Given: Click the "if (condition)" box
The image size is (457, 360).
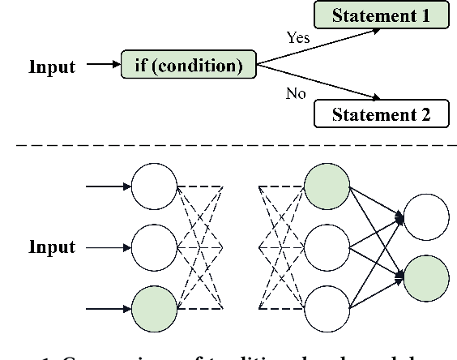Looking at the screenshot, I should tap(188, 66).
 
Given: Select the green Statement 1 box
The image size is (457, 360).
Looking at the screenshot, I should tap(382, 15).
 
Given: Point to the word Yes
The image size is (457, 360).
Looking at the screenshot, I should tap(298, 37).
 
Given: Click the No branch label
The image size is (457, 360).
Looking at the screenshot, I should tap(296, 94).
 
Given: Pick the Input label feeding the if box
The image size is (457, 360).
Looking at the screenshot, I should tap(52, 66).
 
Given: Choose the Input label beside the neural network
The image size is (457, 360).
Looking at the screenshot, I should tap(52, 247).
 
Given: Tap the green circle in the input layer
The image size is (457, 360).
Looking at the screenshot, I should tap(154, 308).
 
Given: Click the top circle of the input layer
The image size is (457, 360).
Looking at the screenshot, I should tap(154, 186).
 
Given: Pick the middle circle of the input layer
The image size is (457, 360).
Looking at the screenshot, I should tap(154, 247).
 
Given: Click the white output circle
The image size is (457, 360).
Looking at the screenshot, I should tap(426, 217).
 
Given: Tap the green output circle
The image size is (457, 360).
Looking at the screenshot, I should tap(426, 278).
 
